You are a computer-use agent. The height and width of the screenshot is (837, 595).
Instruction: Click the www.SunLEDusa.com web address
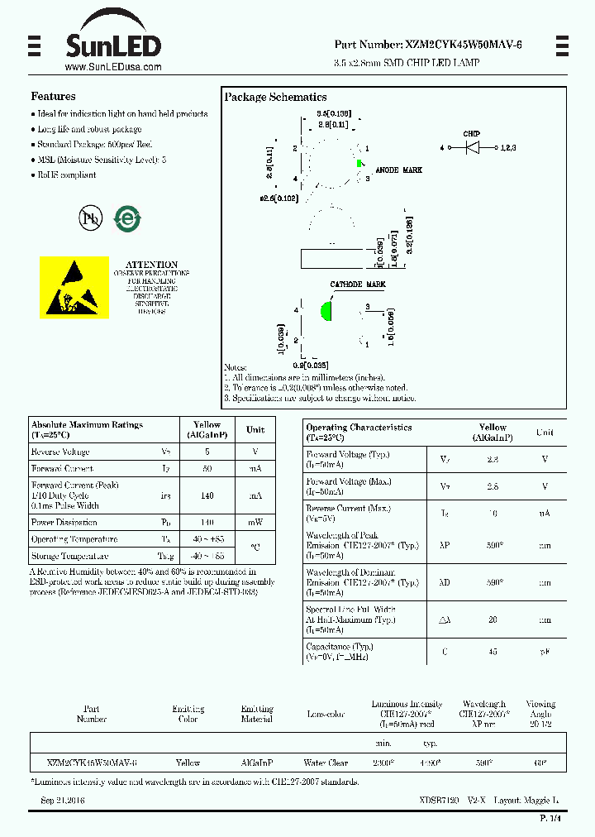[112, 67]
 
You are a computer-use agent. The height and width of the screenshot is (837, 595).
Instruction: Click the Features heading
[53, 97]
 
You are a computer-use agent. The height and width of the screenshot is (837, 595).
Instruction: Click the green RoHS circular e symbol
[127, 218]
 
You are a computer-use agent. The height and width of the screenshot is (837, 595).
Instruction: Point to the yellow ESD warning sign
[74, 286]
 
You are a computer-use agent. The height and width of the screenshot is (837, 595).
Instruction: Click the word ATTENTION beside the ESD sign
[151, 265]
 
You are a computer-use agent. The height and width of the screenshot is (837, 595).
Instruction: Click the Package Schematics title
[275, 97]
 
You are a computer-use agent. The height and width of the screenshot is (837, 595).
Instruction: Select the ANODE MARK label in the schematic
[398, 170]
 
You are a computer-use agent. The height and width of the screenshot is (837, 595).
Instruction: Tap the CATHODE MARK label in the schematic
[358, 285]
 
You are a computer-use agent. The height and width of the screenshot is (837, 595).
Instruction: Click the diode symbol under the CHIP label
[473, 147]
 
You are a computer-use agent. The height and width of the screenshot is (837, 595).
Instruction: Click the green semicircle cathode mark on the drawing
[326, 312]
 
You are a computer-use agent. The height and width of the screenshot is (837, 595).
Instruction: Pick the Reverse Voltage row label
[60, 452]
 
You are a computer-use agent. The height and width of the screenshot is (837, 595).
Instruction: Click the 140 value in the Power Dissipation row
[207, 523]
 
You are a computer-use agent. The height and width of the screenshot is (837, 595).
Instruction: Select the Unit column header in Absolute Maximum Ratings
[255, 429]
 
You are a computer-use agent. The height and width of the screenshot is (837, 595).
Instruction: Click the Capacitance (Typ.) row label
[340, 647]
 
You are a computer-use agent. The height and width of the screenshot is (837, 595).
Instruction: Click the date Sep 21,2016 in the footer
[63, 801]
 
